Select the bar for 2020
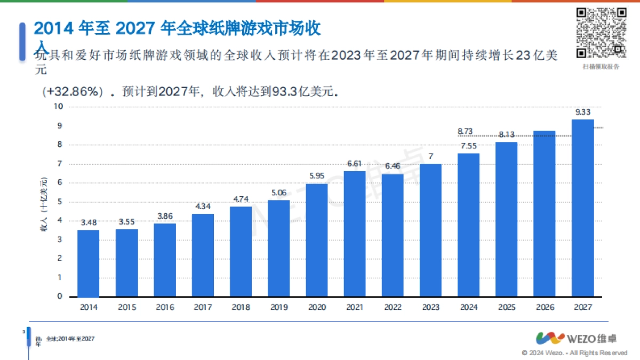pos(317,240)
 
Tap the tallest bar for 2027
pos(582,208)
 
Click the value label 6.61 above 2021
pos(355,164)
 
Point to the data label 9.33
pos(582,112)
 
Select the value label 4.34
pos(203,206)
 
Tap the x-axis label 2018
pos(241,308)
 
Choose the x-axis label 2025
pos(507,308)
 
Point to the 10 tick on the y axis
pos(59,107)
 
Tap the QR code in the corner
pos(601,33)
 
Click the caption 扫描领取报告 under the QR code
pos(601,67)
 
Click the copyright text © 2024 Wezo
pos(574,353)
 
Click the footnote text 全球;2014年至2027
pos(70,339)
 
